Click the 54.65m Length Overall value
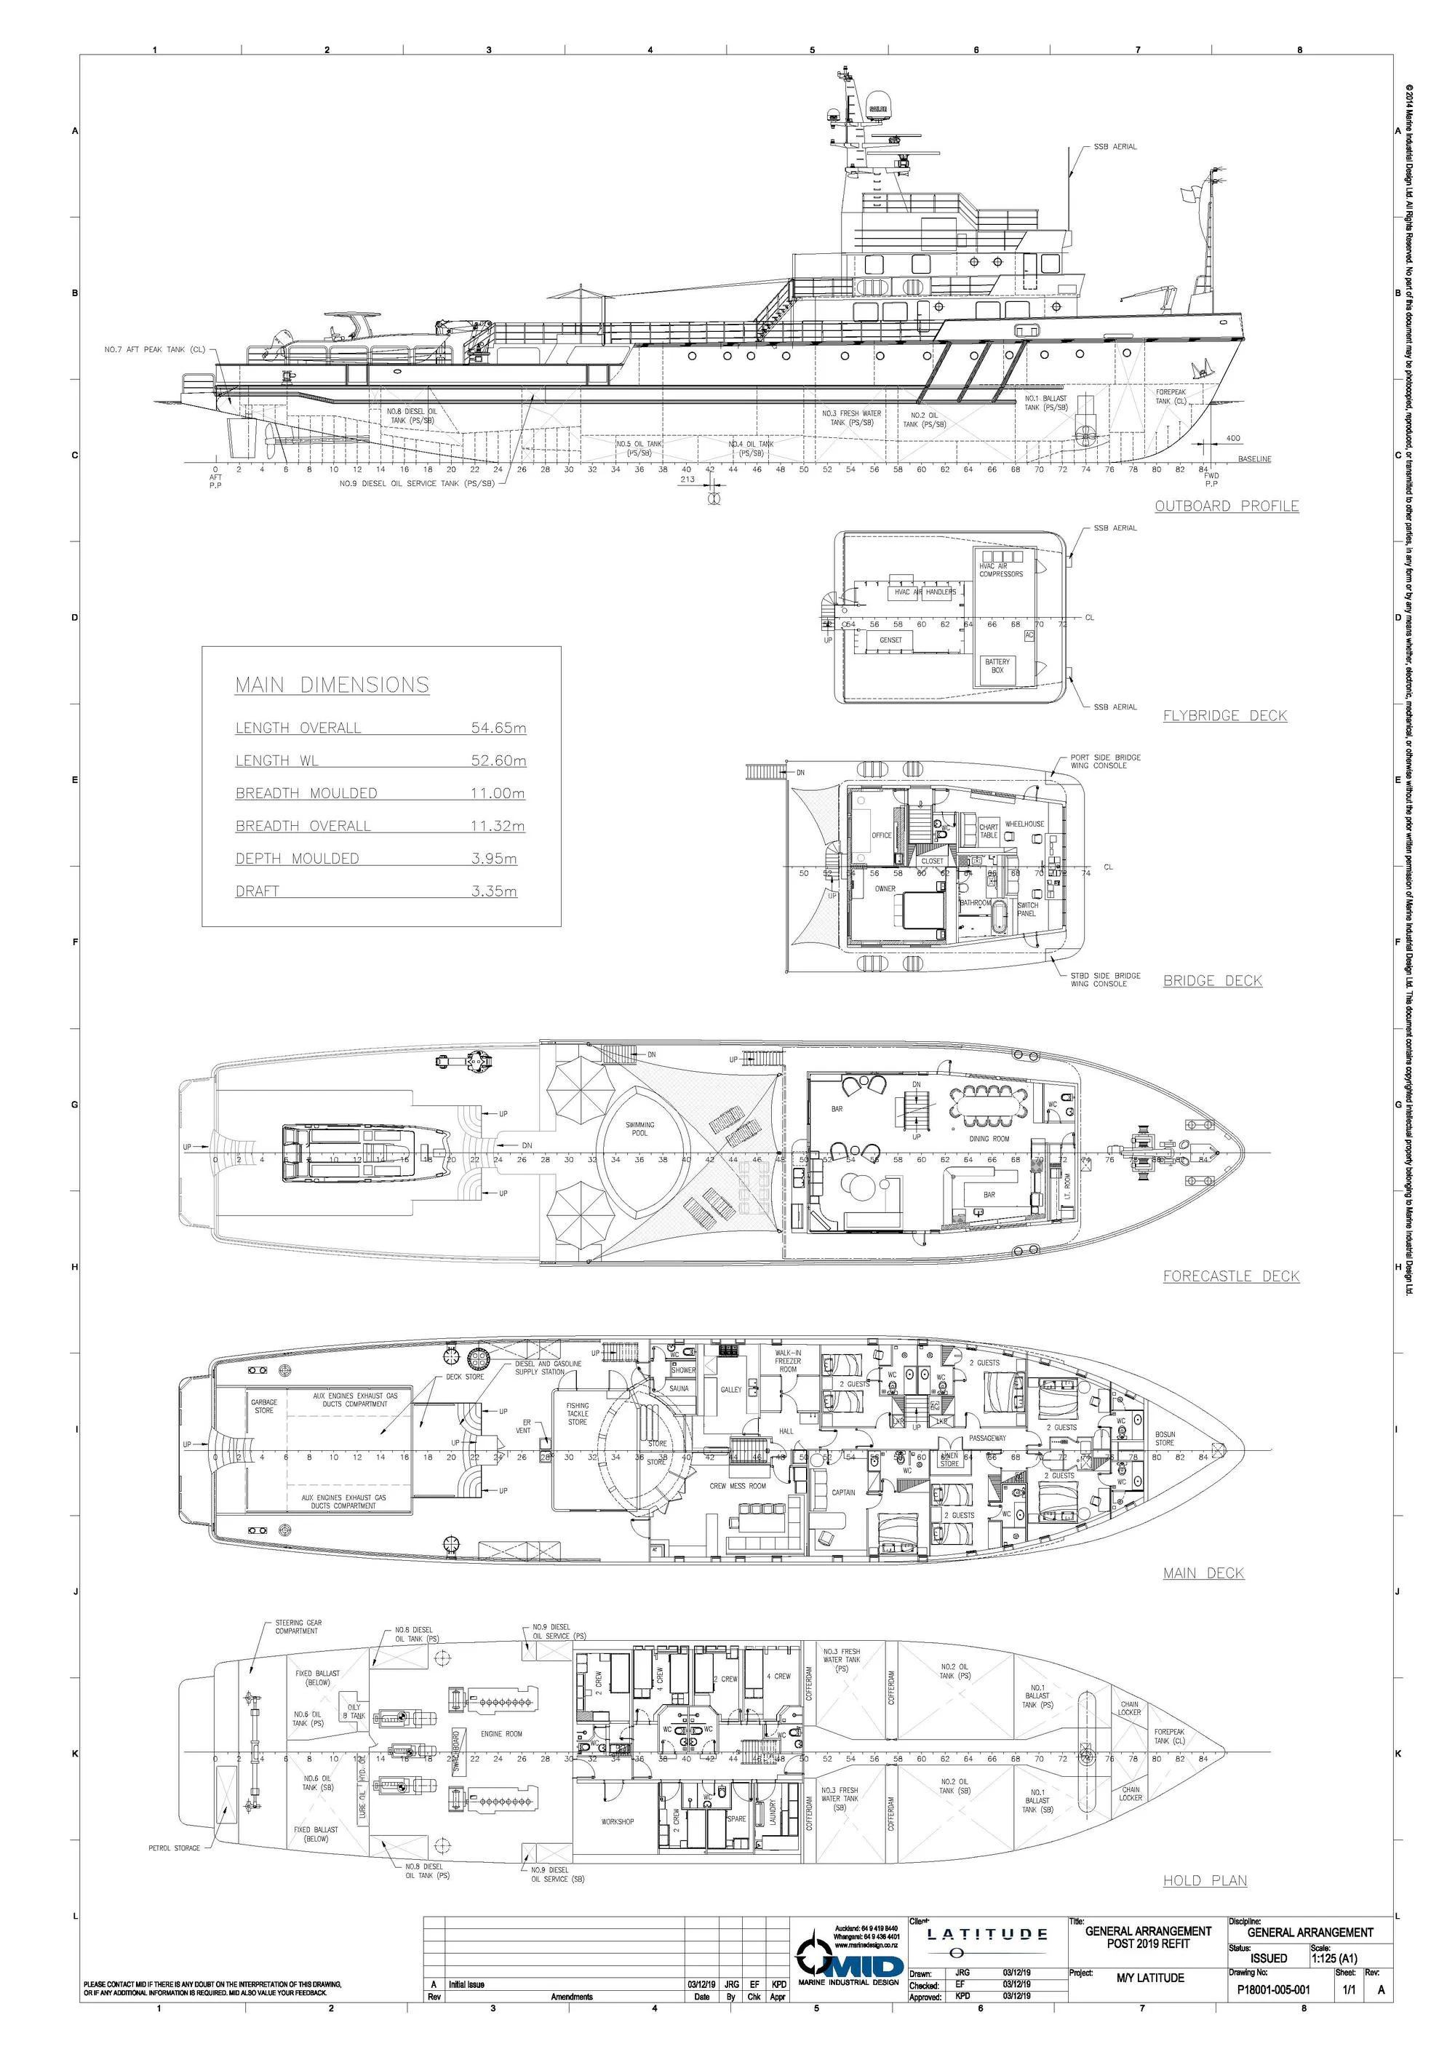click(x=498, y=728)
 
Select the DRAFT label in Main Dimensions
click(x=258, y=891)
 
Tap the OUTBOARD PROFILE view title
click(x=1227, y=506)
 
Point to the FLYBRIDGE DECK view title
click(x=1224, y=715)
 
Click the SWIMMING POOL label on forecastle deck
click(x=639, y=1129)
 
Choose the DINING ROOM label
click(x=989, y=1139)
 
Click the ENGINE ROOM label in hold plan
click(x=501, y=1733)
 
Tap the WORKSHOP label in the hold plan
click(x=617, y=1821)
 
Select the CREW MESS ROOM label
click(x=738, y=1486)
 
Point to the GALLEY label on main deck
click(x=731, y=1390)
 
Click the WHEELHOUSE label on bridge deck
click(x=1024, y=824)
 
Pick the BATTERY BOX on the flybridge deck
click(x=997, y=666)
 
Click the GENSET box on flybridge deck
click(x=890, y=640)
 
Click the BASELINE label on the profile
click(x=1254, y=459)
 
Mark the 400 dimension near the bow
click(x=1232, y=439)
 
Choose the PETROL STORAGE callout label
click(x=174, y=1848)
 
